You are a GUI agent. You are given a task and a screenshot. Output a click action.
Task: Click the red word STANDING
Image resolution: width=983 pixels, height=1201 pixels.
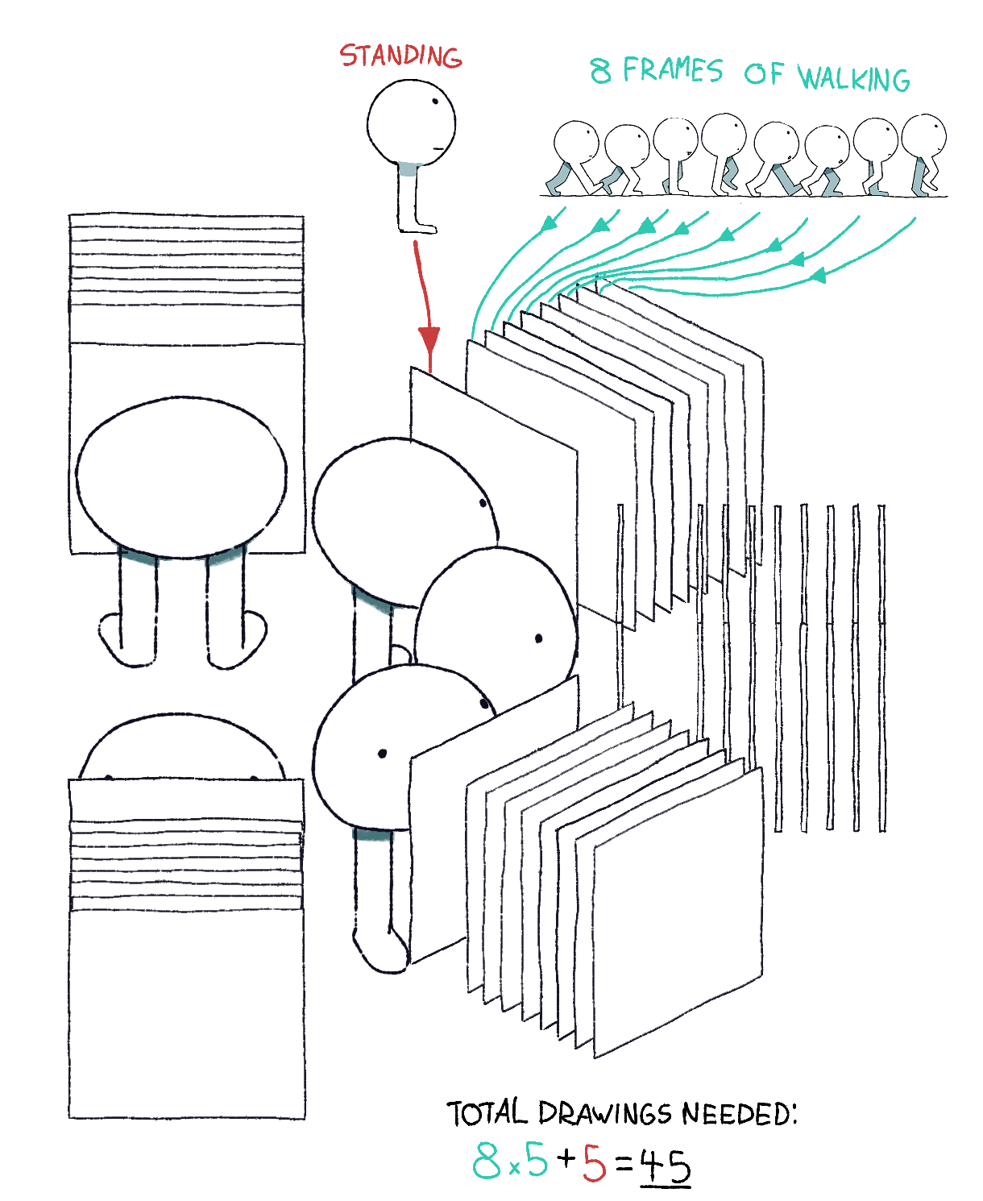click(400, 56)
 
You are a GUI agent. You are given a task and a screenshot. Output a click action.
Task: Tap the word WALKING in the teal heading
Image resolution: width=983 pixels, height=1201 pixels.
click(852, 78)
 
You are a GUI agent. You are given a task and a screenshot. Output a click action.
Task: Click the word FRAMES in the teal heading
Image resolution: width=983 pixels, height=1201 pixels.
click(672, 69)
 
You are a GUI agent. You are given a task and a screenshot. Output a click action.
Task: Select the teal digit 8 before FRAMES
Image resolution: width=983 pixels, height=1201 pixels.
click(600, 71)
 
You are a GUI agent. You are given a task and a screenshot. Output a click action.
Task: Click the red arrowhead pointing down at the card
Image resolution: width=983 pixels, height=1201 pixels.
click(429, 340)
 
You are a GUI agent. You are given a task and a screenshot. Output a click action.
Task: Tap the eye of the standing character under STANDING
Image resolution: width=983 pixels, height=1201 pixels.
click(435, 102)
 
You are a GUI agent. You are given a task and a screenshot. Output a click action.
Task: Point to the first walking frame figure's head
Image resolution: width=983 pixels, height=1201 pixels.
click(576, 141)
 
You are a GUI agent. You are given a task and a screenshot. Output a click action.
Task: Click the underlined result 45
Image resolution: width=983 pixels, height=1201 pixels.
click(665, 1166)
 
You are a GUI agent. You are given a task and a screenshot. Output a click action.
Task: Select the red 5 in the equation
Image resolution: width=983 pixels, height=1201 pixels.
click(594, 1162)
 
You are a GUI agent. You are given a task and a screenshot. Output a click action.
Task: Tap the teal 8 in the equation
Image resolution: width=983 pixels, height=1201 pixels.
click(486, 1159)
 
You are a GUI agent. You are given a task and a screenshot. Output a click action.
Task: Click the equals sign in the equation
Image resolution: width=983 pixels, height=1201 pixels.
click(624, 1165)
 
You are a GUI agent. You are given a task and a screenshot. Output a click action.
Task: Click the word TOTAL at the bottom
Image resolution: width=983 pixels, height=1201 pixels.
click(487, 1112)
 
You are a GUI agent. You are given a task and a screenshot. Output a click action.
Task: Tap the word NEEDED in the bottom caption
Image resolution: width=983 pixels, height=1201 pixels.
click(739, 1113)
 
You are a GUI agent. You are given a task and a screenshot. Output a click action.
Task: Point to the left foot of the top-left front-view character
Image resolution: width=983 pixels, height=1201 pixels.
click(127, 640)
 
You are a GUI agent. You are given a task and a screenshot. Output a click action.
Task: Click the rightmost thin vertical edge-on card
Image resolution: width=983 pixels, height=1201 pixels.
click(881, 667)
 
